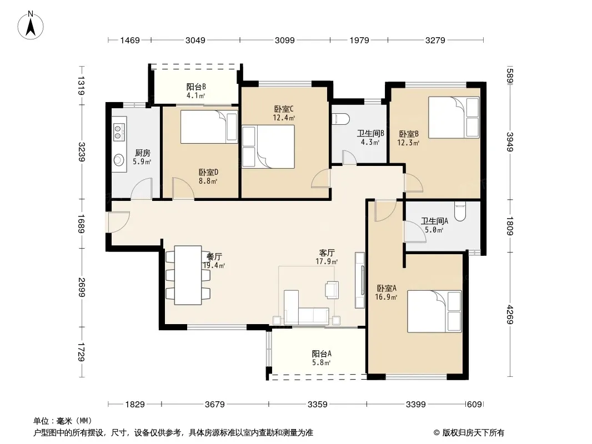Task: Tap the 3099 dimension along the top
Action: (284, 40)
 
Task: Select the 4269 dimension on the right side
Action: (510, 314)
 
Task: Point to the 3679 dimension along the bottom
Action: (214, 405)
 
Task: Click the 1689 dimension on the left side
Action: (81, 224)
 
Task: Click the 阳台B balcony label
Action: (196, 87)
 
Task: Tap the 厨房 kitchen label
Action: (142, 153)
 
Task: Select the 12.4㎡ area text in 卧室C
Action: (284, 118)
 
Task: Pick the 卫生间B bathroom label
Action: (370, 134)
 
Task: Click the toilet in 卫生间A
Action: (460, 211)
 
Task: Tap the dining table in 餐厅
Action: (188, 275)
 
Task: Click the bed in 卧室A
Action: (434, 311)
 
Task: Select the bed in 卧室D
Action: (209, 127)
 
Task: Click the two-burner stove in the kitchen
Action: (119, 129)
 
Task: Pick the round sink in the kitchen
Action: (119, 160)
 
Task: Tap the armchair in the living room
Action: (332, 290)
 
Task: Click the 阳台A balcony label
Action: (322, 354)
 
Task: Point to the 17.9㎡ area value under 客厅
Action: (327, 261)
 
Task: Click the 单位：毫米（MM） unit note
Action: (62, 421)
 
